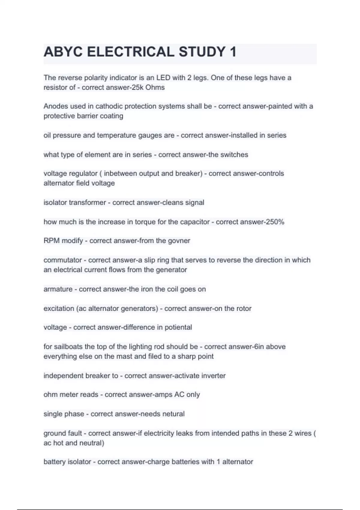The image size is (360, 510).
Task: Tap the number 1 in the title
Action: coord(233,52)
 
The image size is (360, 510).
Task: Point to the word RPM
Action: coord(51,241)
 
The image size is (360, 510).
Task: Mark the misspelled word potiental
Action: coord(178,327)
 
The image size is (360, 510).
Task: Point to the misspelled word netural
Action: coord(173,414)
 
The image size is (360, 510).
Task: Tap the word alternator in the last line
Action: coord(238,462)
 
